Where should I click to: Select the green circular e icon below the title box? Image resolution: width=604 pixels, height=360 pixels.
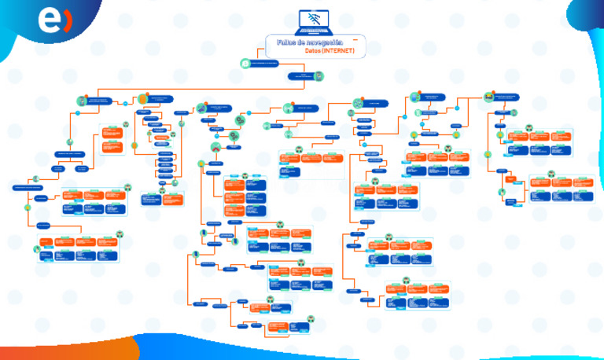[x=246, y=62]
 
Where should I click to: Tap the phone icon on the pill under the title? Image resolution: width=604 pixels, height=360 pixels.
[x=319, y=76]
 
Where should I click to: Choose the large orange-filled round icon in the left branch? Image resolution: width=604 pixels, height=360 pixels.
[x=142, y=98]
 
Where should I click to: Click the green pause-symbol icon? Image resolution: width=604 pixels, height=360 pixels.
[x=417, y=112]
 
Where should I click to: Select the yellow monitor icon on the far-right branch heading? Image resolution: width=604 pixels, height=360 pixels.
[x=488, y=96]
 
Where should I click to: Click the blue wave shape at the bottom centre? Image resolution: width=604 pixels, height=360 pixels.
[x=236, y=350]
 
